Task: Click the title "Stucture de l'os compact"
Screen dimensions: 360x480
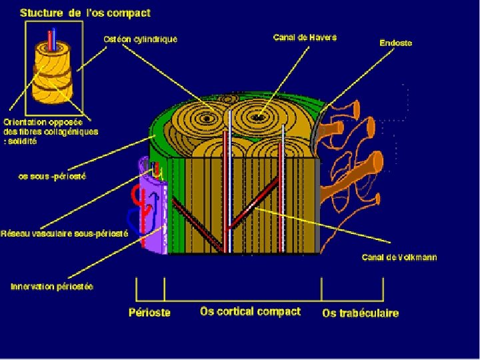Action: click(85, 13)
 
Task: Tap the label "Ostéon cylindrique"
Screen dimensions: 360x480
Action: click(141, 39)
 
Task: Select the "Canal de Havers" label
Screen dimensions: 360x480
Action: click(305, 37)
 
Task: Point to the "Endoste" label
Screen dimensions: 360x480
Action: click(395, 43)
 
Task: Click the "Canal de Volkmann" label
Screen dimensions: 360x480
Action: click(399, 257)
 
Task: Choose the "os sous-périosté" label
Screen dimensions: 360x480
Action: click(52, 177)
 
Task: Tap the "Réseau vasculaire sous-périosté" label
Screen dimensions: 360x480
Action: click(64, 233)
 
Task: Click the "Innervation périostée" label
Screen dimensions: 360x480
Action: click(52, 287)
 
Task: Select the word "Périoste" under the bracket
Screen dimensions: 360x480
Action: click(149, 312)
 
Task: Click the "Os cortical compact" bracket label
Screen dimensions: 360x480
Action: click(250, 311)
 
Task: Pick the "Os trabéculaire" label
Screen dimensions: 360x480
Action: click(360, 313)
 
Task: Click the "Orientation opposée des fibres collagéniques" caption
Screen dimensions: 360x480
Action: click(50, 131)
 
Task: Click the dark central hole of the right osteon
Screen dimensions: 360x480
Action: click(257, 118)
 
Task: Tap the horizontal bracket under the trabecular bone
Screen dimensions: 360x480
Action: click(353, 298)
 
